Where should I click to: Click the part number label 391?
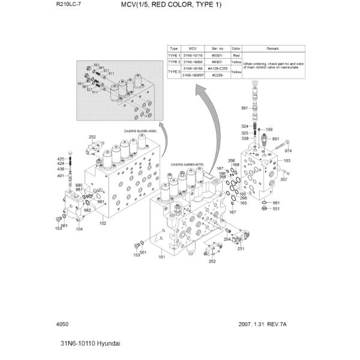(244, 108)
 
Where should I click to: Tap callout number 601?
(276, 139)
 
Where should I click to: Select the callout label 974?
(287, 151)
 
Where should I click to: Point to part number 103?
(287, 161)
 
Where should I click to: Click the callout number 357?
(284, 179)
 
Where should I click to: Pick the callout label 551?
(276, 209)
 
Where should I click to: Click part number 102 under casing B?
(103, 223)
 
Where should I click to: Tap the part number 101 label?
(161, 257)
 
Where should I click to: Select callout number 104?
(79, 229)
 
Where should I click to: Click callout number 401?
(61, 176)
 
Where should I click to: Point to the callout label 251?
(241, 248)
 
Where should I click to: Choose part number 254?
(227, 239)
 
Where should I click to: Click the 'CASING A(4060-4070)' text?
(185, 164)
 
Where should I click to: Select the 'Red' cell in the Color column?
(236, 55)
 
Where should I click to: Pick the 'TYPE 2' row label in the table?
(174, 62)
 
